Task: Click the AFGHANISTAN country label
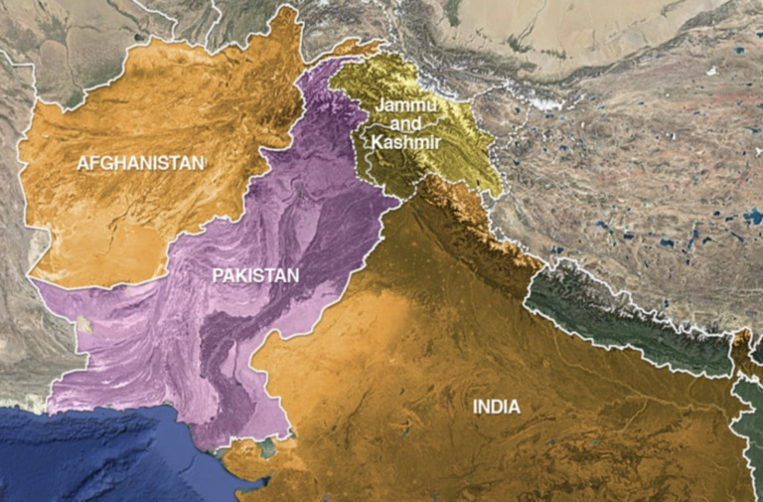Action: (x=140, y=162)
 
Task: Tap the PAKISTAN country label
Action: (x=255, y=275)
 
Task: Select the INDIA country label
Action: (x=496, y=407)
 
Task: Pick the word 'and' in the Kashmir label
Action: (x=405, y=125)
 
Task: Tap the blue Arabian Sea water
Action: (x=99, y=452)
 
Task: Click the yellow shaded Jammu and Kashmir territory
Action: (x=447, y=149)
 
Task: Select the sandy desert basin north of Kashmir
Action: (x=556, y=30)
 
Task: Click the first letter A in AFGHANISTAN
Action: (x=82, y=162)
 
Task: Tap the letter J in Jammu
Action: (x=379, y=107)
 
